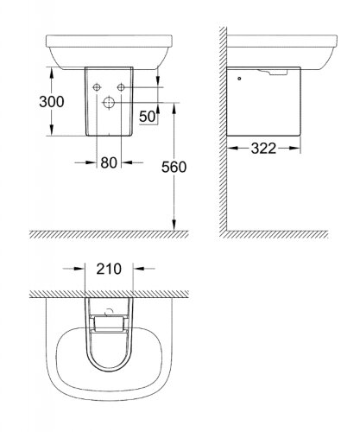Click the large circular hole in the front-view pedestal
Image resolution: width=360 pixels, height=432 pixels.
pyautogui.click(x=110, y=102)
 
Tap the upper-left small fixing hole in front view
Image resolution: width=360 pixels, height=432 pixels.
pyautogui.click(x=97, y=86)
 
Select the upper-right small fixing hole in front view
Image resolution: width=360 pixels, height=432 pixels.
pyautogui.click(x=122, y=86)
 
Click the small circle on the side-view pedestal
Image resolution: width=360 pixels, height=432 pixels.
pyautogui.click(x=239, y=79)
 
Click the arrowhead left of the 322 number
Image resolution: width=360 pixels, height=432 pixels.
pyautogui.click(x=232, y=149)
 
